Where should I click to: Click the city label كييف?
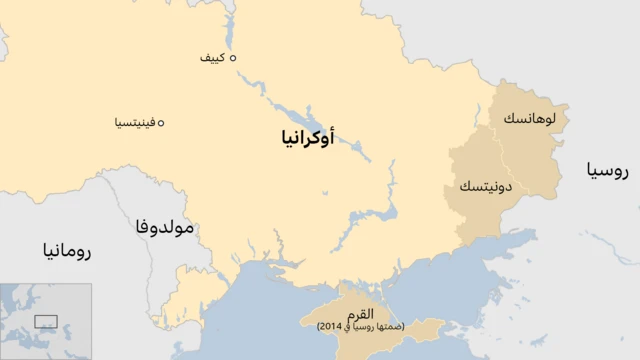point(212,58)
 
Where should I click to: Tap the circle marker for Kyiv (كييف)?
point(233,58)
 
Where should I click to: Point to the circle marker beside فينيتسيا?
point(161,123)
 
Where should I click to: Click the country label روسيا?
point(608,171)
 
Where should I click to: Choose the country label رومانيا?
point(66,250)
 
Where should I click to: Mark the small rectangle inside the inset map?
point(46,321)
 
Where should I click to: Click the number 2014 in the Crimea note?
point(330,327)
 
